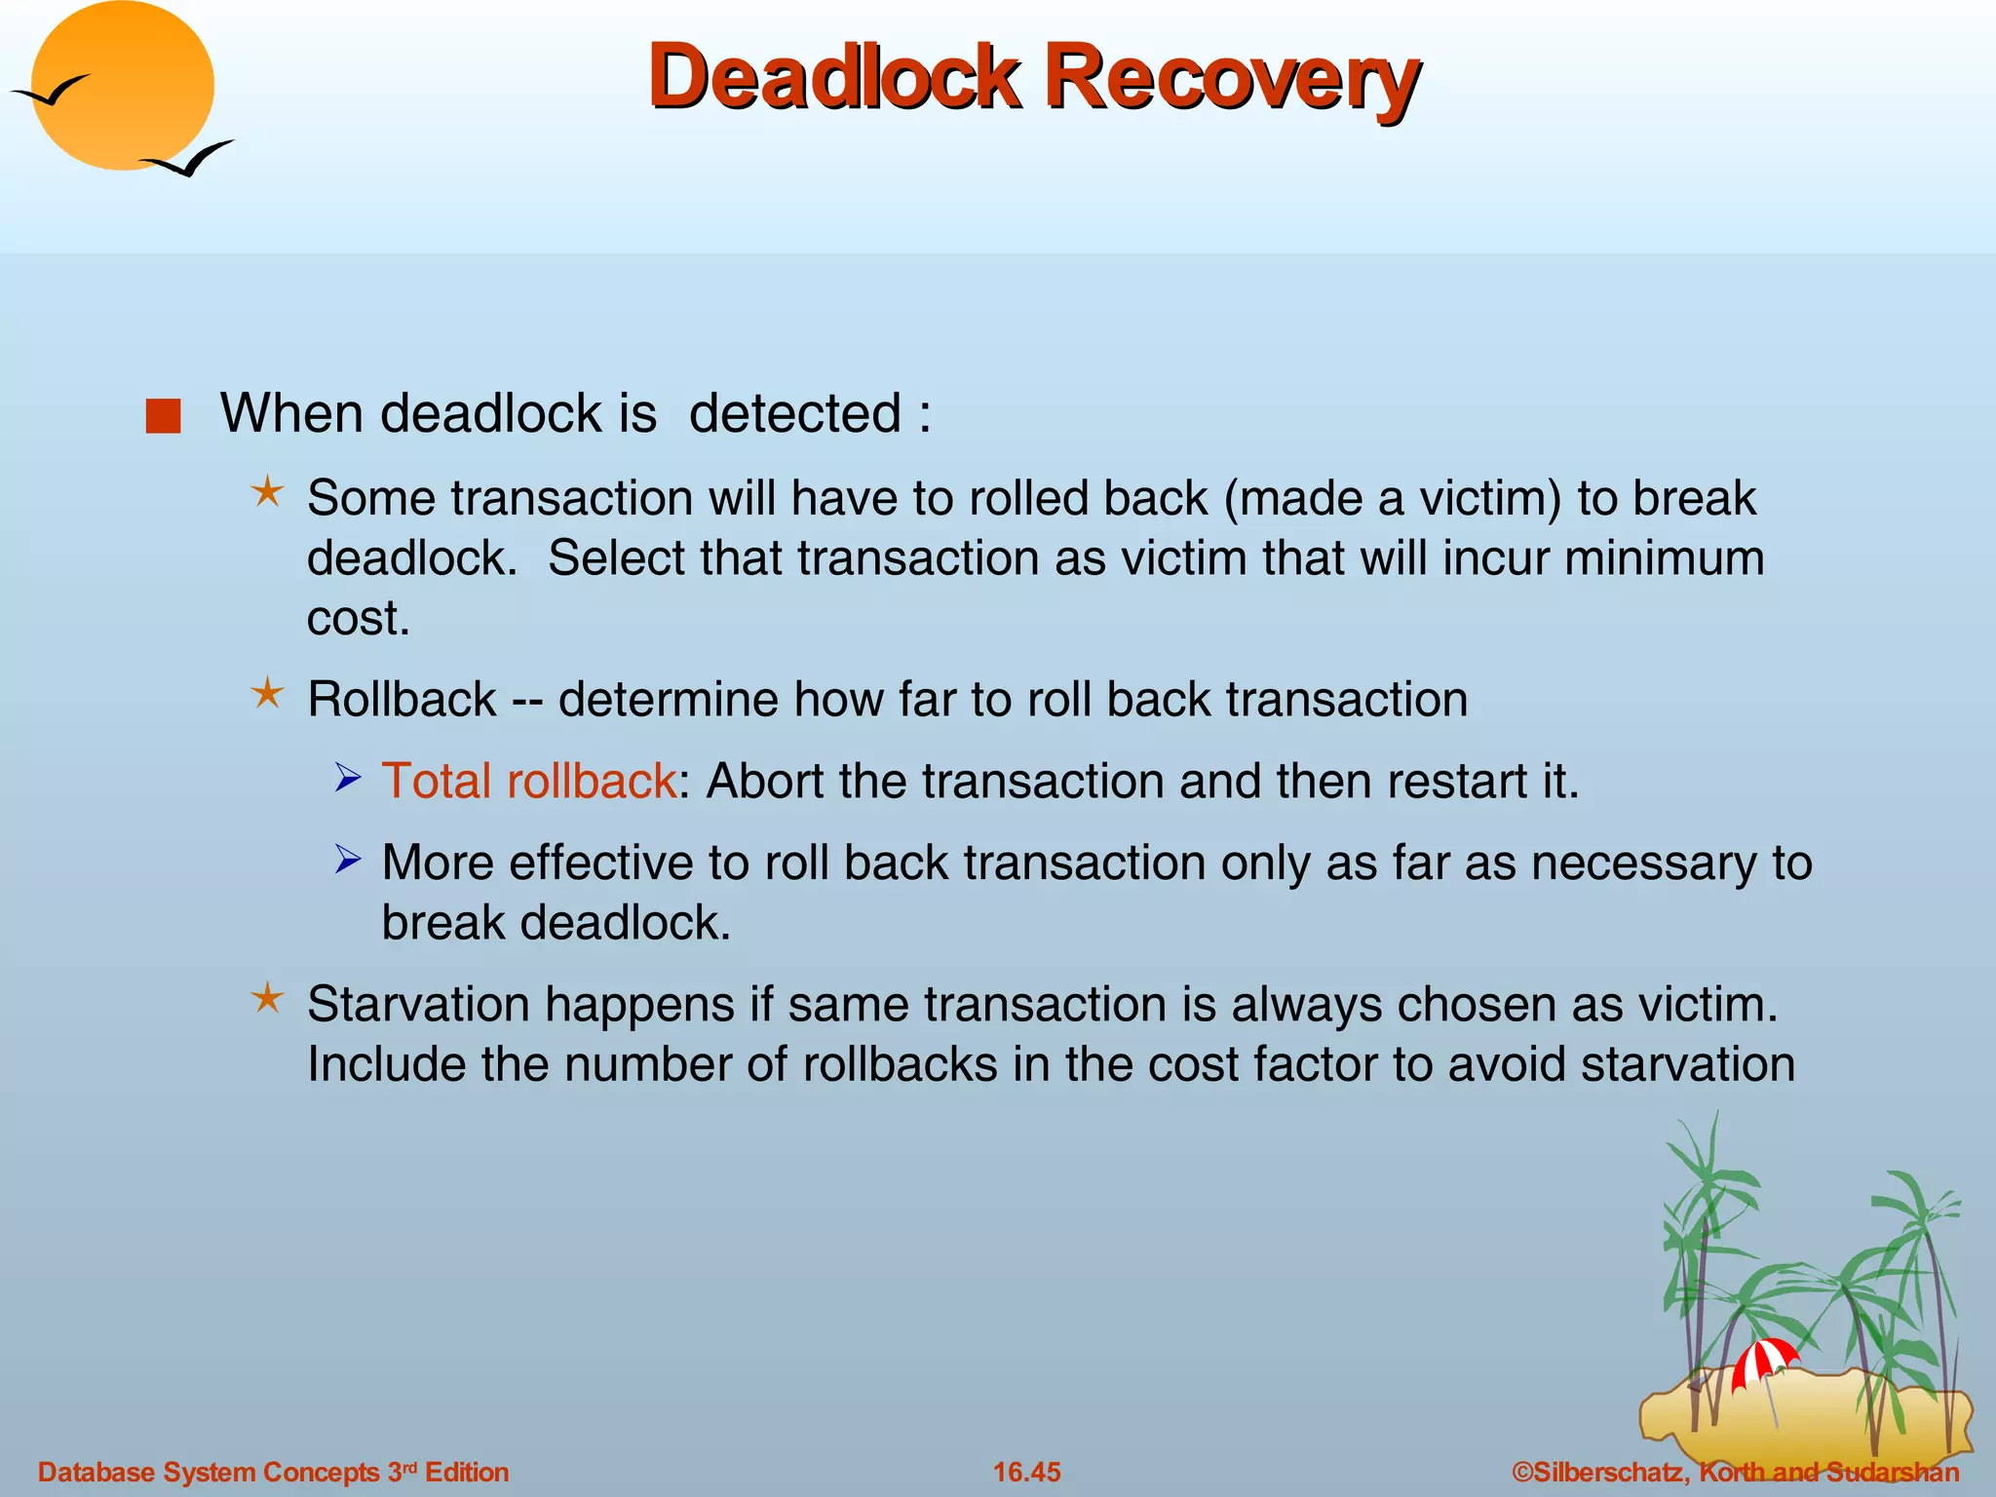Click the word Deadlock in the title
[x=833, y=78]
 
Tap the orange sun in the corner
[x=124, y=86]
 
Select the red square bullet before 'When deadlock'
[x=163, y=416]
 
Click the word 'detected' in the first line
[x=794, y=413]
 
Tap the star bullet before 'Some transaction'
[x=267, y=491]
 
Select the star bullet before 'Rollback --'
[x=267, y=694]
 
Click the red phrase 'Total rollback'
[x=528, y=781]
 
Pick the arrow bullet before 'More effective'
[x=348, y=859]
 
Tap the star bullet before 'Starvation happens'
[x=267, y=998]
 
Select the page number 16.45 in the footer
[x=1026, y=1472]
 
